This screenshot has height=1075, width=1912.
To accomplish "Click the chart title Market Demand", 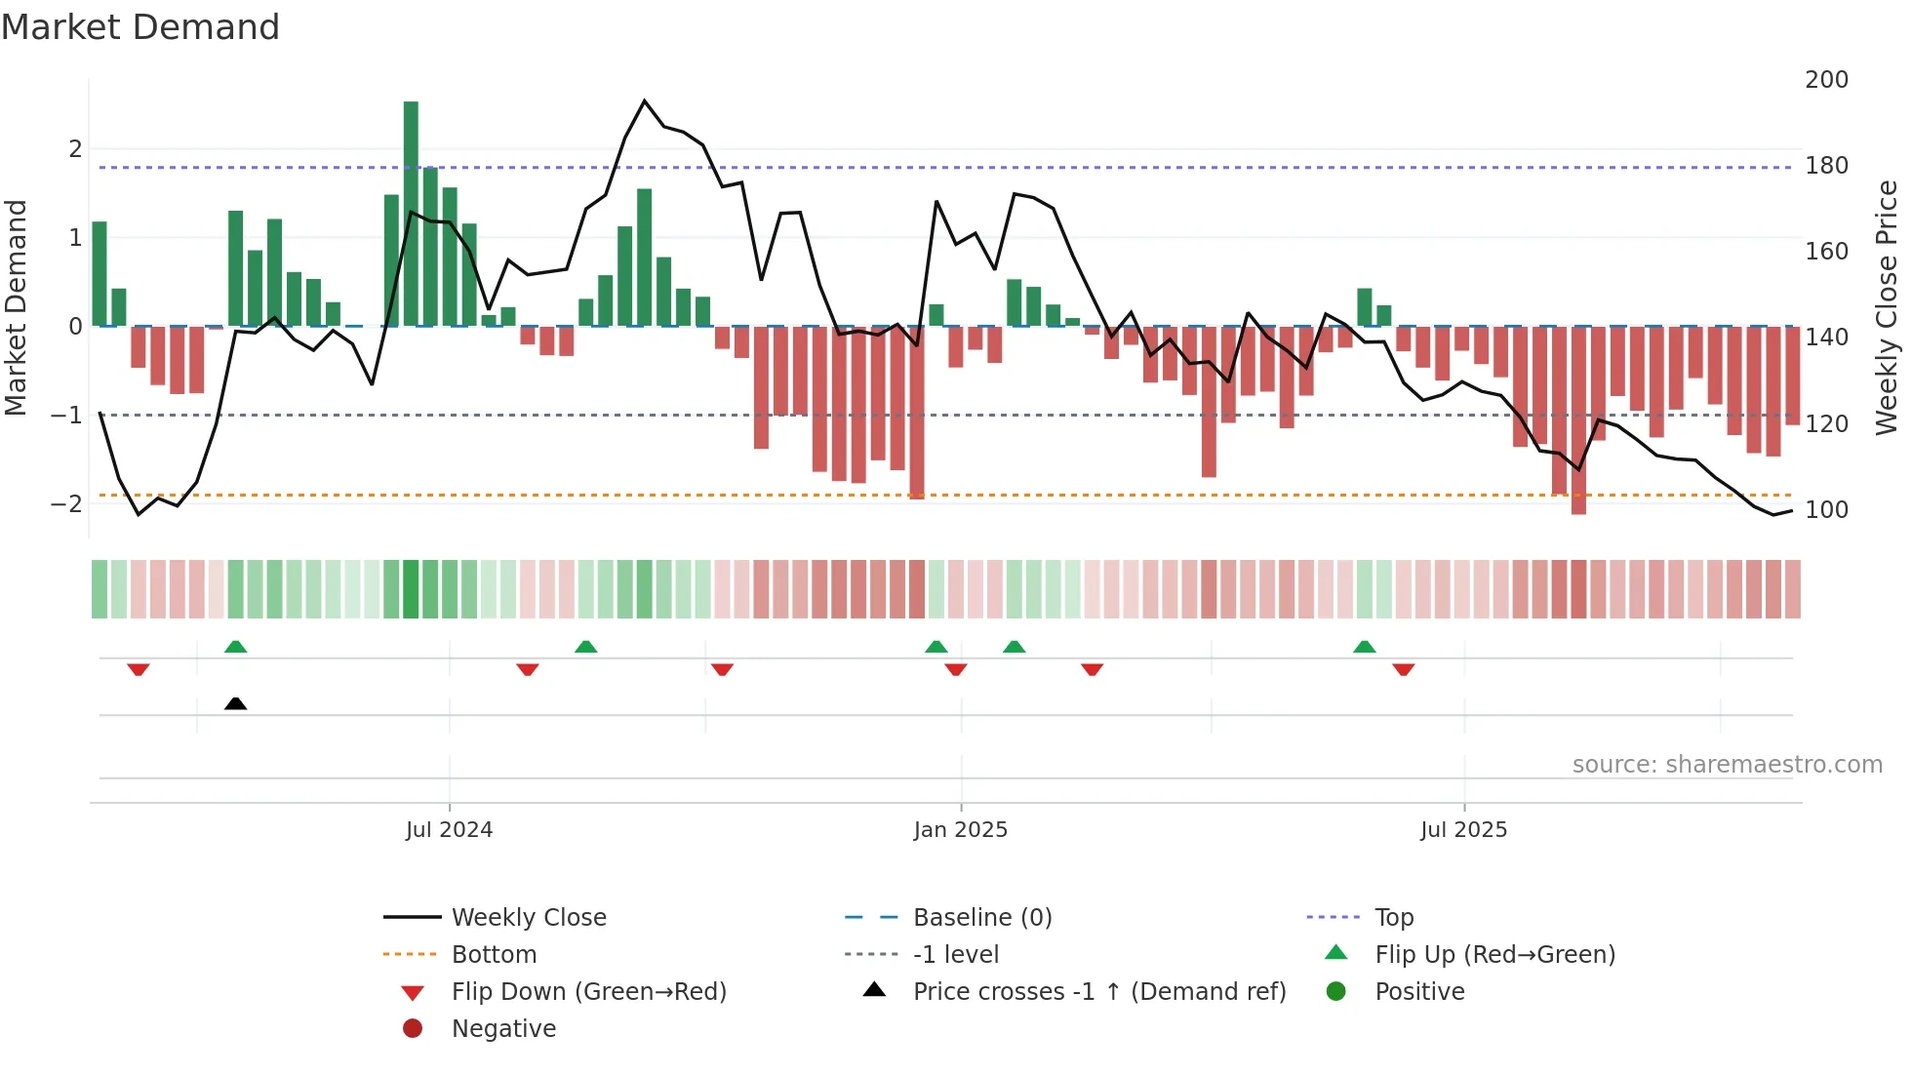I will coord(140,27).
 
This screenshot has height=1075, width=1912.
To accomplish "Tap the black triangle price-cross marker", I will coord(235,703).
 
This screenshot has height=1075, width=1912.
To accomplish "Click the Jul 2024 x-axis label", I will coord(449,830).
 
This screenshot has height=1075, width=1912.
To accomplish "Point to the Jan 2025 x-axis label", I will coord(960,830).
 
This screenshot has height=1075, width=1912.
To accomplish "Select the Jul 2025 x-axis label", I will coord(1463,830).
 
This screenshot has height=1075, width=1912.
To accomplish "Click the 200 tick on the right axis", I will coord(1826,80).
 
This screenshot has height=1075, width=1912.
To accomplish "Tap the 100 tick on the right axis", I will coord(1826,510).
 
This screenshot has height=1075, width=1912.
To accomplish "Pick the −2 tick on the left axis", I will coord(66,504).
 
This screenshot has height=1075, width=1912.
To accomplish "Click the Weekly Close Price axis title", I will coord(1887,307).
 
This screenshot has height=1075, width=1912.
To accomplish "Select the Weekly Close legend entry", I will coord(528,918).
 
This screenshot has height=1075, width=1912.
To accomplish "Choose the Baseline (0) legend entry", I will coord(981,918).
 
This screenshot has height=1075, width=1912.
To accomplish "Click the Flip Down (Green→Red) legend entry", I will coord(588,992).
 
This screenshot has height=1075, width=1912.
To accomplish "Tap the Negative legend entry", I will coord(503,1029).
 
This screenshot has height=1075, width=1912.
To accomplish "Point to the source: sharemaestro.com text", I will coord(1727,765).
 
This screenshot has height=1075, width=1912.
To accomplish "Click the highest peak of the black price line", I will coord(644,100).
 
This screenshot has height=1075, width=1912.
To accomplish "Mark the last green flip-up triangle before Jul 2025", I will coord(1365,647).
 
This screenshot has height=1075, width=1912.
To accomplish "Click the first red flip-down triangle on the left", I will coord(139,669).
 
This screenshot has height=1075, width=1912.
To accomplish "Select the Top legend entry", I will coord(1393,918).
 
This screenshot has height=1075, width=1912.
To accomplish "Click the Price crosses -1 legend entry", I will coord(1098,992).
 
